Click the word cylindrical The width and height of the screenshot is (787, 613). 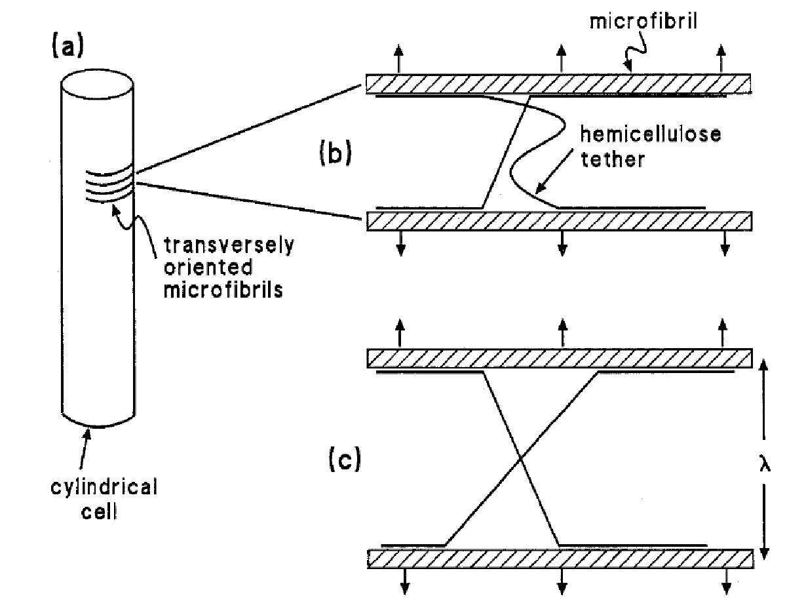coord(104,489)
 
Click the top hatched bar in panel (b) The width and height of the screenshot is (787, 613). coord(558,83)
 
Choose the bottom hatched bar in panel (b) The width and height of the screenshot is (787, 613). coord(558,221)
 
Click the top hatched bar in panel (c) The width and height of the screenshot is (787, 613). coord(558,359)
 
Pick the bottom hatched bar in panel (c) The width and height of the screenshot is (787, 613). coord(558,559)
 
